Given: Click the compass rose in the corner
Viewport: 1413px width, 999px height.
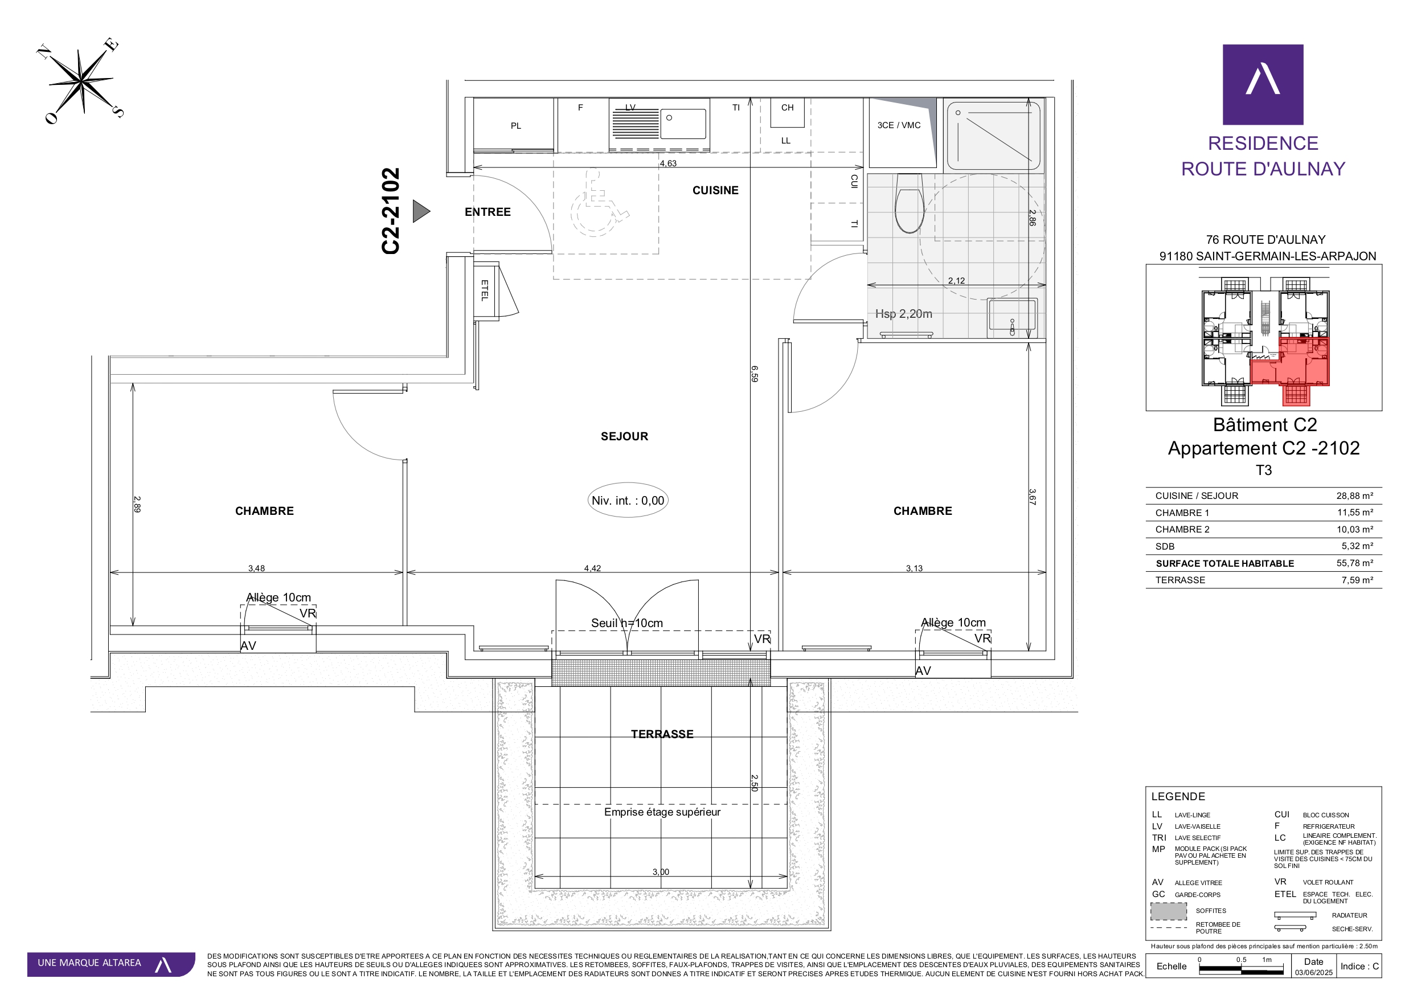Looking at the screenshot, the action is tap(81, 81).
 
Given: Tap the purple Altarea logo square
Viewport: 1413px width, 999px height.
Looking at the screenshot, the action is tap(1263, 84).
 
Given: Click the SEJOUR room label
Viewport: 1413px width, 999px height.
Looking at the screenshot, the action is tap(625, 436).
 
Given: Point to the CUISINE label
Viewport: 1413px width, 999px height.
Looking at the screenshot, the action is tap(715, 190).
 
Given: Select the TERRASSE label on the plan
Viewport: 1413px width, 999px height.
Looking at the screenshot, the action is tap(662, 734).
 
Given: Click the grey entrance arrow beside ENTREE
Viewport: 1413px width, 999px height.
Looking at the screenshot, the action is tap(421, 211).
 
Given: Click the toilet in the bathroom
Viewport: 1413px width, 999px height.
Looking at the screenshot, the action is tap(909, 203).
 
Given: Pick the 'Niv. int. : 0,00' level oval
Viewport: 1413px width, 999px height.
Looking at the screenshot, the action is tap(628, 501).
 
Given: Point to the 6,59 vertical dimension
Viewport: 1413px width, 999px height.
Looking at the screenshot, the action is tap(755, 374).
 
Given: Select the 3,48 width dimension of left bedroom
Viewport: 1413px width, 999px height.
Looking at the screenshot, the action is tap(256, 568).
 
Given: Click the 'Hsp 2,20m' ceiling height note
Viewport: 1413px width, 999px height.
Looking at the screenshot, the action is tap(903, 314).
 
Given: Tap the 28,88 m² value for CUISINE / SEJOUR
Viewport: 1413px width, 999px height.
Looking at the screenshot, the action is tap(1354, 496).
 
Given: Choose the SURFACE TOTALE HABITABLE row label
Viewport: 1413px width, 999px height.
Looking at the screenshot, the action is tap(1224, 563).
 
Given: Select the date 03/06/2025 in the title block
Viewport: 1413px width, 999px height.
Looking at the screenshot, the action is tap(1313, 973).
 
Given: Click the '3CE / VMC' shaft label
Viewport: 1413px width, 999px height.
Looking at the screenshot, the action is tap(899, 125).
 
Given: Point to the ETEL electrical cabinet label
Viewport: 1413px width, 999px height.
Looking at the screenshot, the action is tap(484, 290).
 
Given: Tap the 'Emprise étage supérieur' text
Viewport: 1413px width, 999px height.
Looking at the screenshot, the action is tap(662, 812).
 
